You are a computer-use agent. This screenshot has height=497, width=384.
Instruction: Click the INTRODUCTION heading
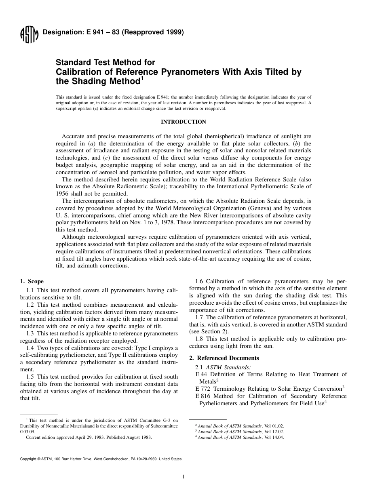pos(183,122)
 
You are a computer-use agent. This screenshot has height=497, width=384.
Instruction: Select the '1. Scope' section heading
pos(32,281)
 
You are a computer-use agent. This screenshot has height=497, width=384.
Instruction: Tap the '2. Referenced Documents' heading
pos(224,358)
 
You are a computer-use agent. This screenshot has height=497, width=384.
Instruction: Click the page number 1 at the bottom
pos(184,477)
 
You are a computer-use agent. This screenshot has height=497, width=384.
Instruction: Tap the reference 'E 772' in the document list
pos(202,389)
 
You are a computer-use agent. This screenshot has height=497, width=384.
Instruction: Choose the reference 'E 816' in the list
pos(202,396)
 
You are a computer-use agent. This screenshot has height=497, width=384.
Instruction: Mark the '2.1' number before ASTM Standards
pos(200,367)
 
